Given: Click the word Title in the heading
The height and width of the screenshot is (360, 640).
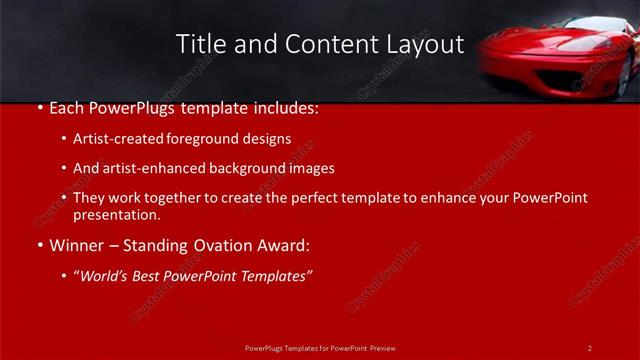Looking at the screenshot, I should point(198,44).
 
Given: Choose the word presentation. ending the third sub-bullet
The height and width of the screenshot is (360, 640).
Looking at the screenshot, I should point(116,214).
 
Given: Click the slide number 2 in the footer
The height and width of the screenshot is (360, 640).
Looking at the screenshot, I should point(589,348).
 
